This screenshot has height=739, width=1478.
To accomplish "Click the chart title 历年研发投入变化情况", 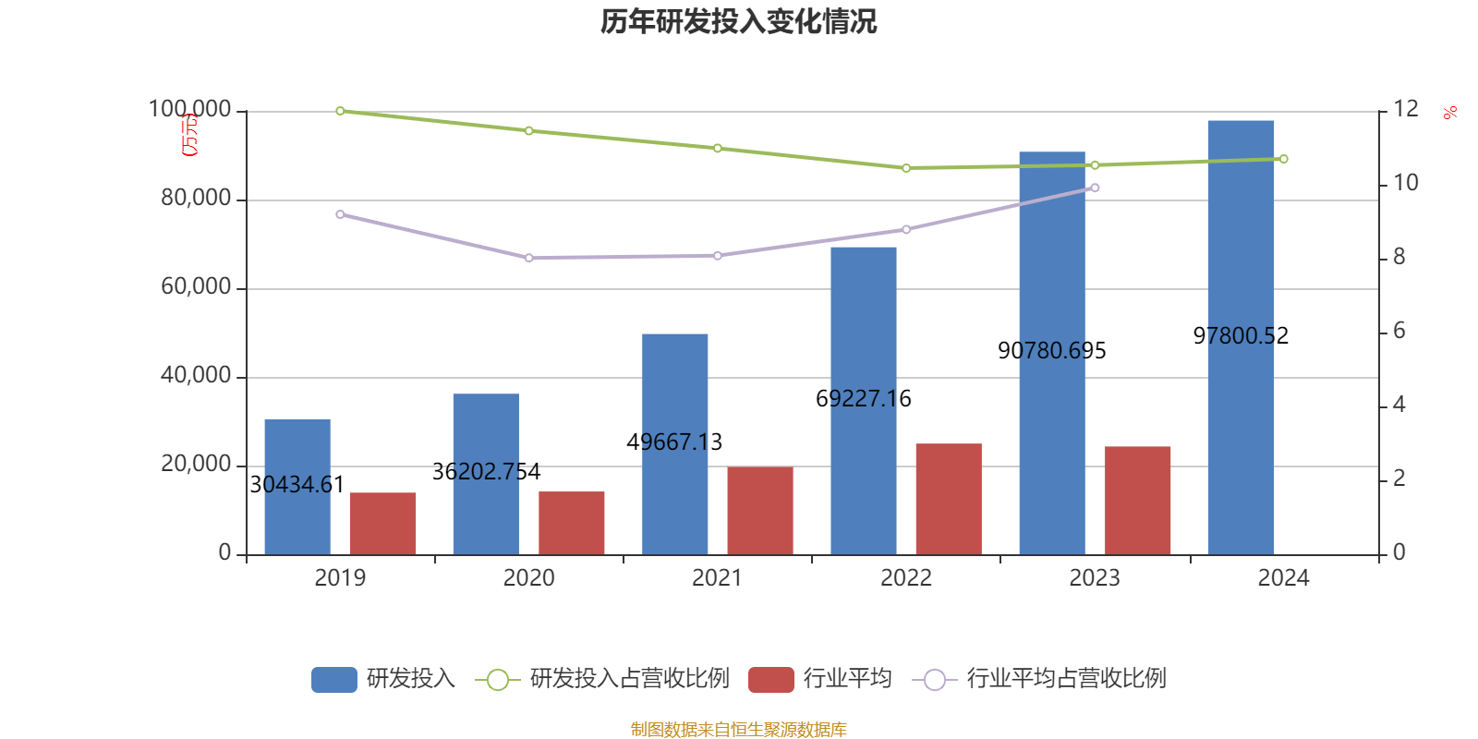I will tap(738, 21).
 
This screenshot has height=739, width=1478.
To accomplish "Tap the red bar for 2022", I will tap(949, 499).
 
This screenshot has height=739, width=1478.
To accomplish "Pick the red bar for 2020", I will tap(572, 523).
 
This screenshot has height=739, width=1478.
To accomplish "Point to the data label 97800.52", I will tap(1241, 336).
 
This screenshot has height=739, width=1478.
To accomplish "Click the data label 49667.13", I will tap(674, 442).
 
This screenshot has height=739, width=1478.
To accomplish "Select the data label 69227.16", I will tap(864, 399).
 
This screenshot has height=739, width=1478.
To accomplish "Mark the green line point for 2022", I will tap(906, 168).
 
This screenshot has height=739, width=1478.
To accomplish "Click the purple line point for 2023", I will tap(1095, 188).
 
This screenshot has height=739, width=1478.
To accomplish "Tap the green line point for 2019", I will tap(340, 111).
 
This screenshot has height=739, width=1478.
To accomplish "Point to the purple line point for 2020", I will tap(529, 258).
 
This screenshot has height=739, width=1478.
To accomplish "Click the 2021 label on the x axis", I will tap(717, 578).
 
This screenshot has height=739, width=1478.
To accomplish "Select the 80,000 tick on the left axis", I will tap(196, 199).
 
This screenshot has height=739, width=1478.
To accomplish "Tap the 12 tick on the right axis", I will tap(1406, 109).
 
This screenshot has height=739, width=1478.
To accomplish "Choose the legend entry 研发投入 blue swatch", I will tap(333, 680).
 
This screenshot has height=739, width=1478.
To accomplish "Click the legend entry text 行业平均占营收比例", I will tap(1066, 679).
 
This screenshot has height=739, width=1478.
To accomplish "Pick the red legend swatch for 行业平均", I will tap(770, 680).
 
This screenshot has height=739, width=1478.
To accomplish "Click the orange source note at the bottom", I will tap(738, 730).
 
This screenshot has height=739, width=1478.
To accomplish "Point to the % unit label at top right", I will tap(1449, 113).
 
